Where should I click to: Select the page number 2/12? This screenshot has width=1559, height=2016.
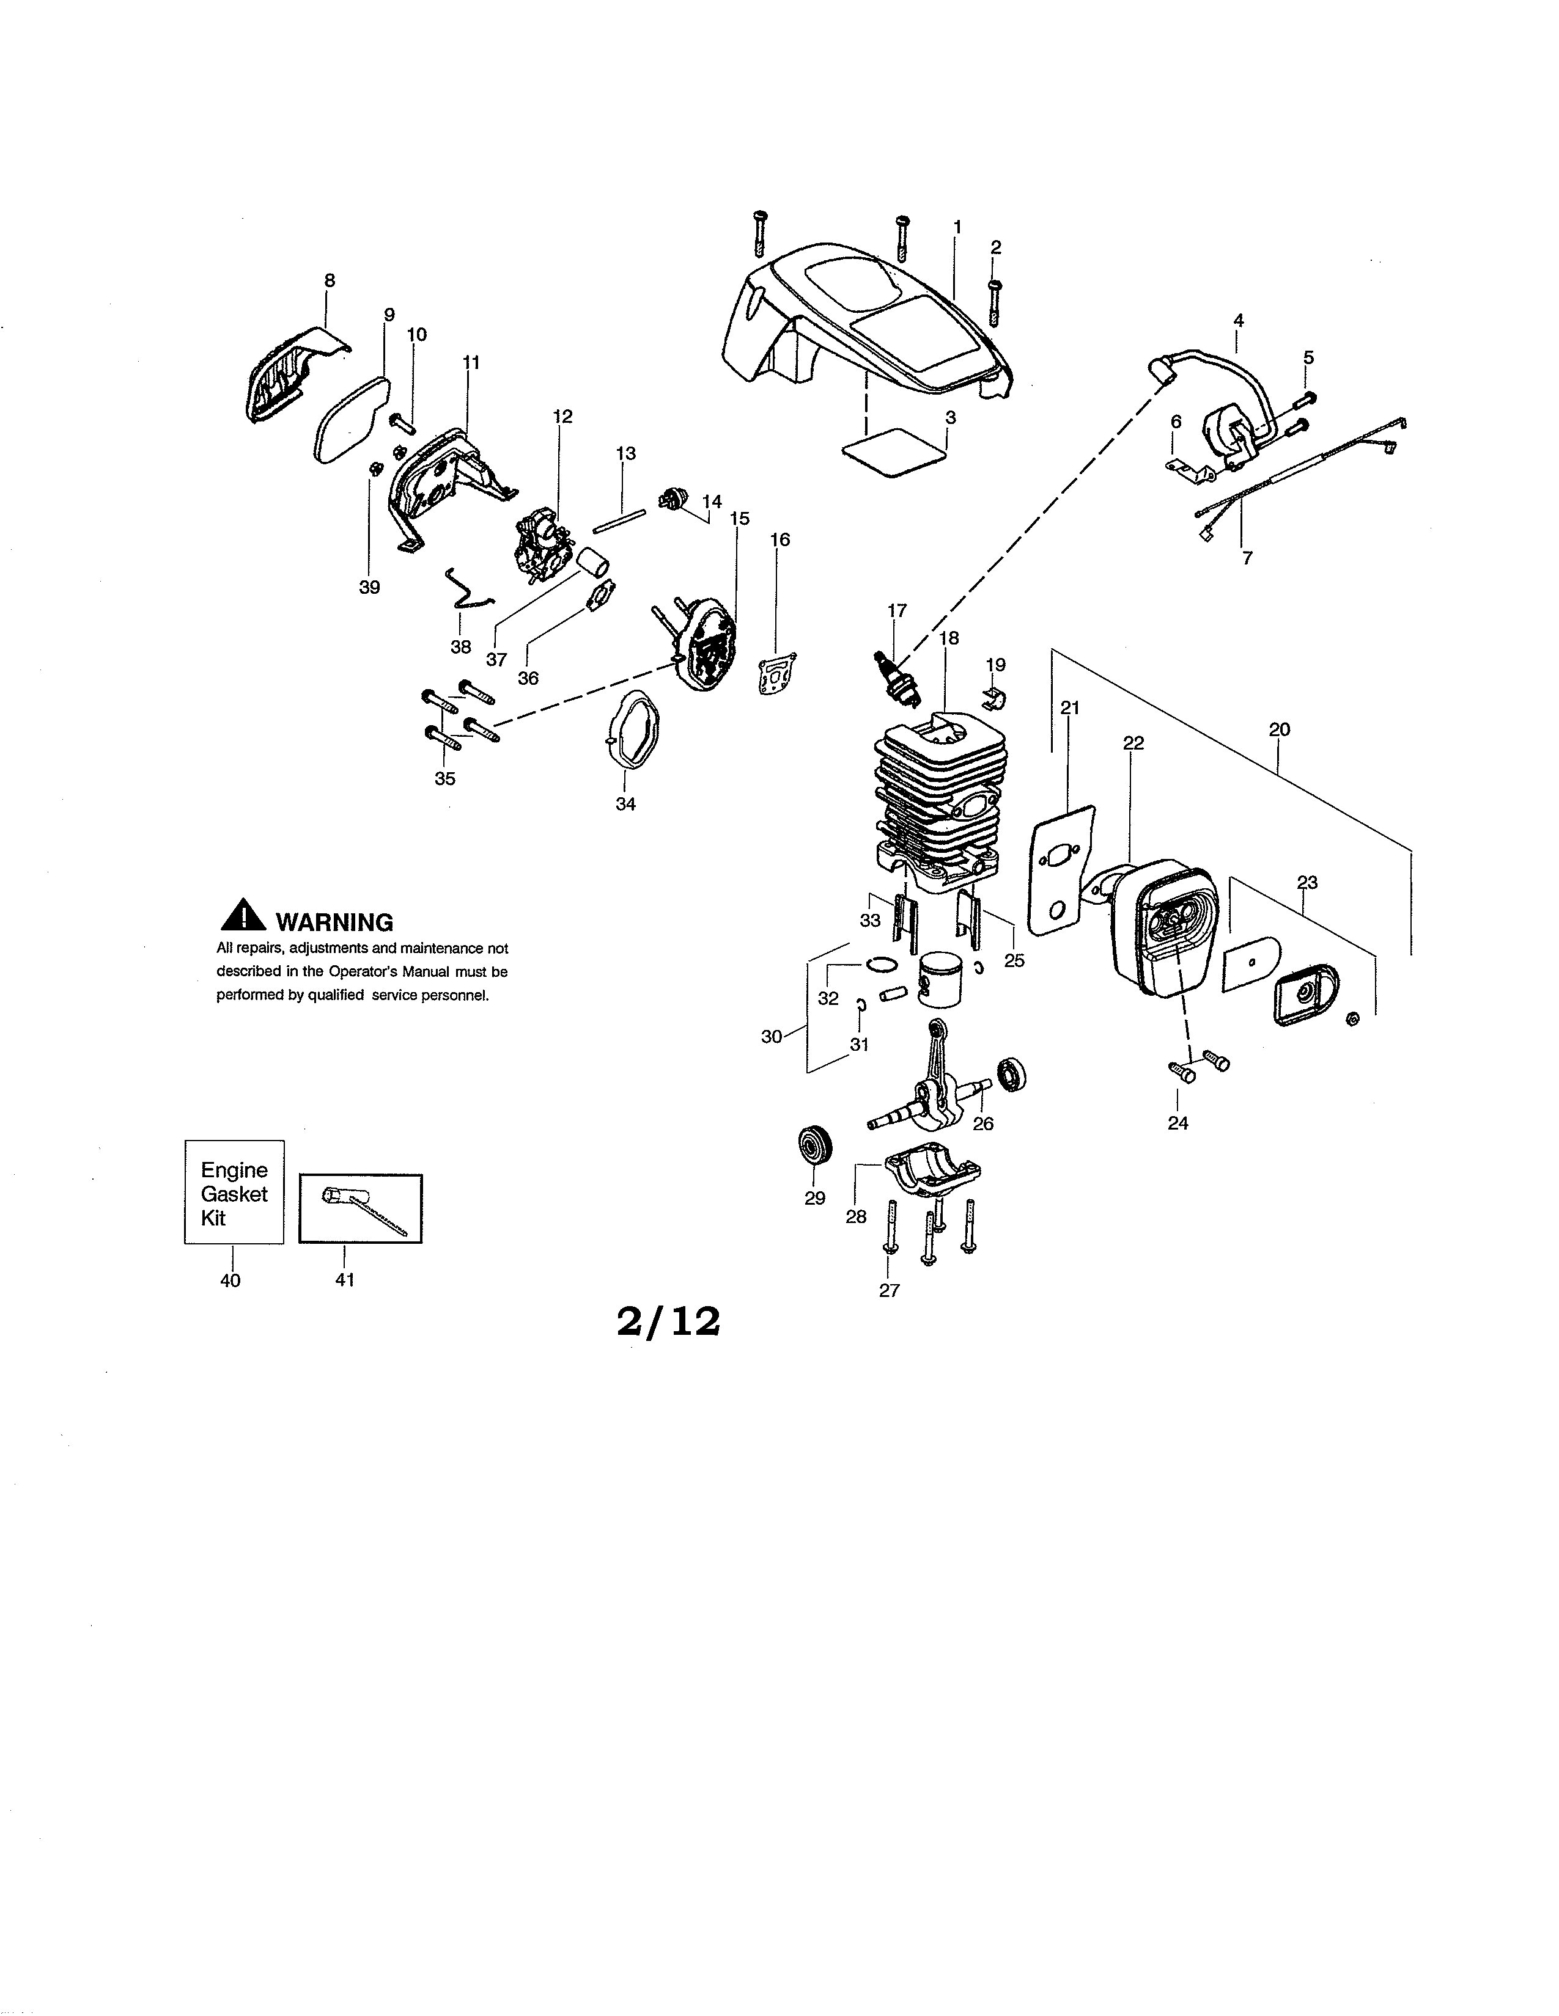click(x=668, y=1323)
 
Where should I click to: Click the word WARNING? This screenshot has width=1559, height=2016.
click(x=334, y=922)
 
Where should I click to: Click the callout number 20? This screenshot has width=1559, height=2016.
click(x=1279, y=729)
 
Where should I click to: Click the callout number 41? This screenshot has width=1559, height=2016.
click(x=344, y=1279)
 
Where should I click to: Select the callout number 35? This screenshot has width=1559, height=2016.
click(x=445, y=778)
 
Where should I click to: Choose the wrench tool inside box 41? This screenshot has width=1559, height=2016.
click(x=362, y=1209)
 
